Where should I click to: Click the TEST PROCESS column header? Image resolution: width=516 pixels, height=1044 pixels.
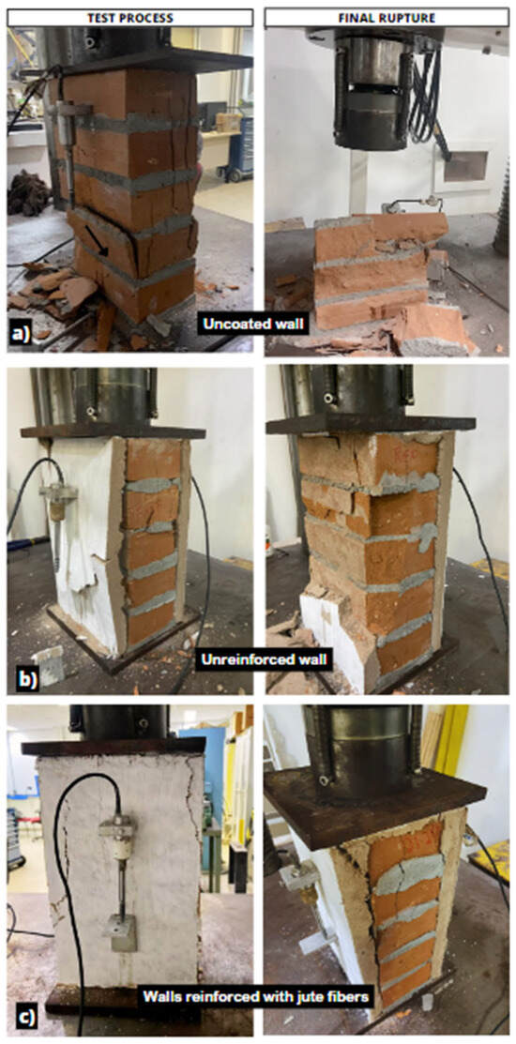(129, 18)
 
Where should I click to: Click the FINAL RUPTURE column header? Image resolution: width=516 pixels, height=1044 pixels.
(387, 18)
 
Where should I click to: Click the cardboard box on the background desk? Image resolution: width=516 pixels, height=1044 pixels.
(228, 122)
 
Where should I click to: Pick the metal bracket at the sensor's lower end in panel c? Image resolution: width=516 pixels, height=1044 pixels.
(120, 932)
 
